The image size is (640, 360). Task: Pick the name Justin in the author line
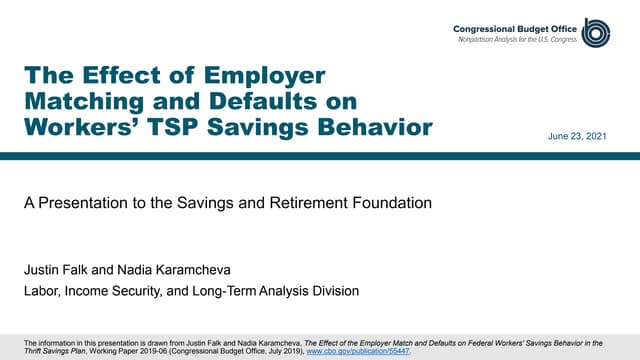pos(42,270)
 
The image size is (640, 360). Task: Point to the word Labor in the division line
pos(41,291)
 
